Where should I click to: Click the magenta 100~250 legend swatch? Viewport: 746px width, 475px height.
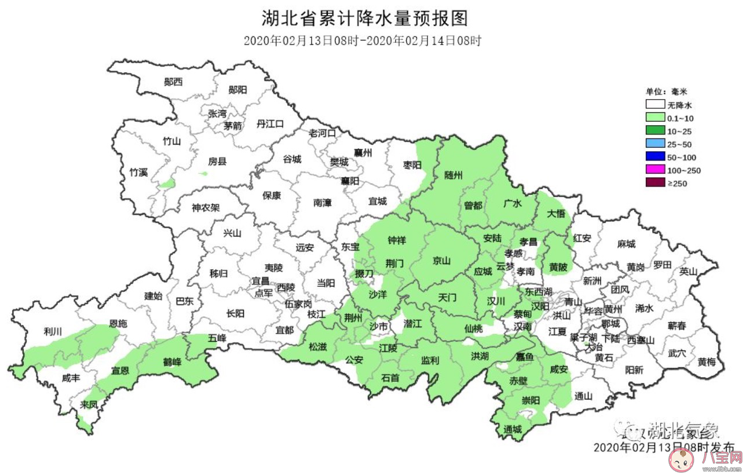654,170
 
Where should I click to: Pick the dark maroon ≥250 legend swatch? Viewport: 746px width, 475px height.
654,184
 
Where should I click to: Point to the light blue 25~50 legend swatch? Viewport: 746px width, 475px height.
654,144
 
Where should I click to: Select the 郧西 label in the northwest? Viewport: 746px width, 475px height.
173,82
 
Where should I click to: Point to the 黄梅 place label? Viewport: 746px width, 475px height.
707,362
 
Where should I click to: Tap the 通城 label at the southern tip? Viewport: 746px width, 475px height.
513,429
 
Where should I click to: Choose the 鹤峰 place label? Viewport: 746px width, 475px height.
172,362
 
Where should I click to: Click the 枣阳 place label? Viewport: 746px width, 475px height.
413,165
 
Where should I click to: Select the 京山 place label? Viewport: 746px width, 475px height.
441,261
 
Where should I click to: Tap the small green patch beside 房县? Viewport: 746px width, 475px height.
203,173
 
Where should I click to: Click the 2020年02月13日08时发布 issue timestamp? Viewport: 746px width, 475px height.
664,447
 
